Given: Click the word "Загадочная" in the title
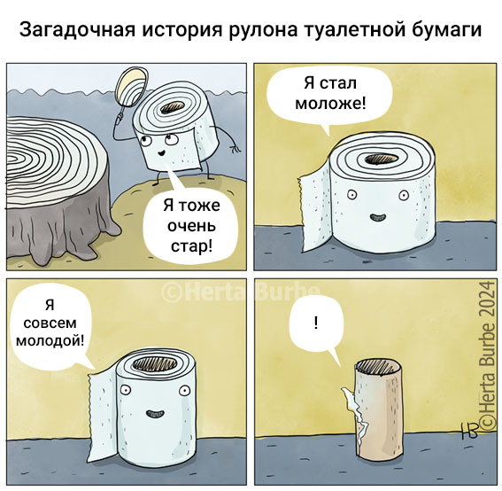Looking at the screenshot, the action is coord(78,30).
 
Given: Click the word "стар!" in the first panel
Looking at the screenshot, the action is coord(191,247).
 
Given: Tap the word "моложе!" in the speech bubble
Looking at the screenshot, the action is coord(330,103).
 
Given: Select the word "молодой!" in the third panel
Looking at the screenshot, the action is coord(50,340).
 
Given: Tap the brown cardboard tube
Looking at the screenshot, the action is coord(378,410).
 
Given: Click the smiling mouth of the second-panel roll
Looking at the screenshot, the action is coord(378,218).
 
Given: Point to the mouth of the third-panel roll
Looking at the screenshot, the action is coord(155,414).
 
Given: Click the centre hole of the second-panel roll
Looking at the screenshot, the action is coord(381,159).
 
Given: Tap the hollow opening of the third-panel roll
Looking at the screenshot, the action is coord(155,365).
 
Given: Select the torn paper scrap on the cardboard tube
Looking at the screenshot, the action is coord(356,417).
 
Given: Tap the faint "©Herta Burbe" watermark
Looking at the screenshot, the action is coord(241,292).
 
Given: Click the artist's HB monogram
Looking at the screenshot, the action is coord(469,431).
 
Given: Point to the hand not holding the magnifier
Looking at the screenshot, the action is coord(235,148).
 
